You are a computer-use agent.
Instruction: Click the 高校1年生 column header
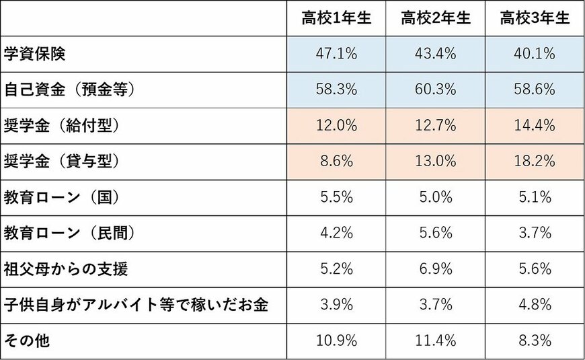(336, 19)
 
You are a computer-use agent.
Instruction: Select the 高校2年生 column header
(435, 19)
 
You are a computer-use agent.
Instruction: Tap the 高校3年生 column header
(535, 19)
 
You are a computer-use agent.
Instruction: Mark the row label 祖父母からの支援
(65, 269)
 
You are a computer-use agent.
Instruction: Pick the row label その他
(26, 341)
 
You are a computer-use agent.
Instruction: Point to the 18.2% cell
(535, 161)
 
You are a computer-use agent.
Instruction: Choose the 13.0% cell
(435, 161)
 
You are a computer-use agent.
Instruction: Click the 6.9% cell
(435, 269)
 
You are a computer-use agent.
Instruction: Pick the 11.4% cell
(435, 341)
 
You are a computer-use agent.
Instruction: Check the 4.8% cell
(535, 305)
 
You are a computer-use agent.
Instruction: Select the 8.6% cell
(336, 161)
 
